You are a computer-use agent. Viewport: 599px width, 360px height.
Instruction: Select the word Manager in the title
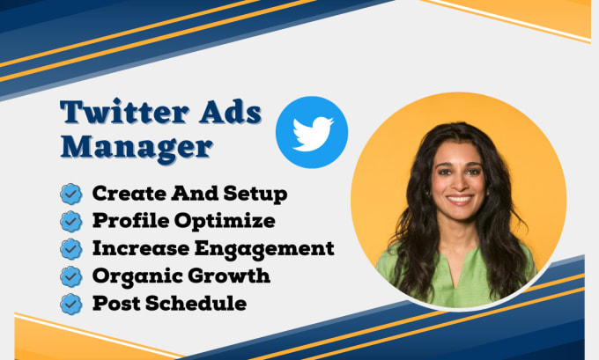click(137, 146)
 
